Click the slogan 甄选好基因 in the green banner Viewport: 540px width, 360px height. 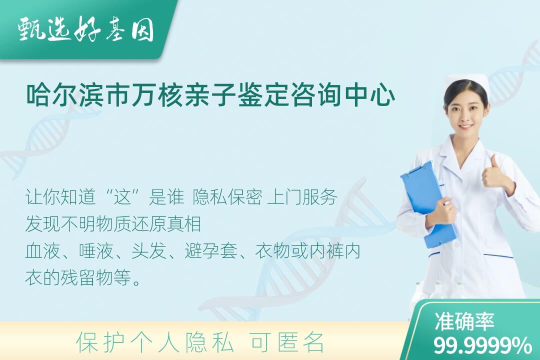click(86, 30)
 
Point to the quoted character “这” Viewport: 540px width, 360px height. click(123, 197)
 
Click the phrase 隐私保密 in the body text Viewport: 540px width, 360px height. click(227, 197)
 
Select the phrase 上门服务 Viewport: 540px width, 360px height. click(302, 197)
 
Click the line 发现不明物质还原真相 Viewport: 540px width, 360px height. click(113, 224)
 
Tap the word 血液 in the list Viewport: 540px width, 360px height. click(42, 251)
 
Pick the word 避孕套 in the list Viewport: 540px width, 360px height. click(211, 251)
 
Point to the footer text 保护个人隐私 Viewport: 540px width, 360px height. click(155, 342)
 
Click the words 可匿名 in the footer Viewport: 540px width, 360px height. click(287, 342)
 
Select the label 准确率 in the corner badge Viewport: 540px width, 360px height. click(464, 321)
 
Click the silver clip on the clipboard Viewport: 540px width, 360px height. click(416, 169)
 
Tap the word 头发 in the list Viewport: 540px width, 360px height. click(148, 251)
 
